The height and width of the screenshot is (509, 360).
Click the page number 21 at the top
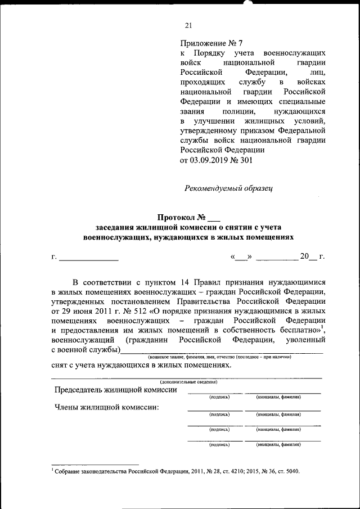click(188, 24)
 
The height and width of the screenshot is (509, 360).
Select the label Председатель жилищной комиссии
click(115, 390)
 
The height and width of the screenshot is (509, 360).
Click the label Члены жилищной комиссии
click(106, 407)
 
